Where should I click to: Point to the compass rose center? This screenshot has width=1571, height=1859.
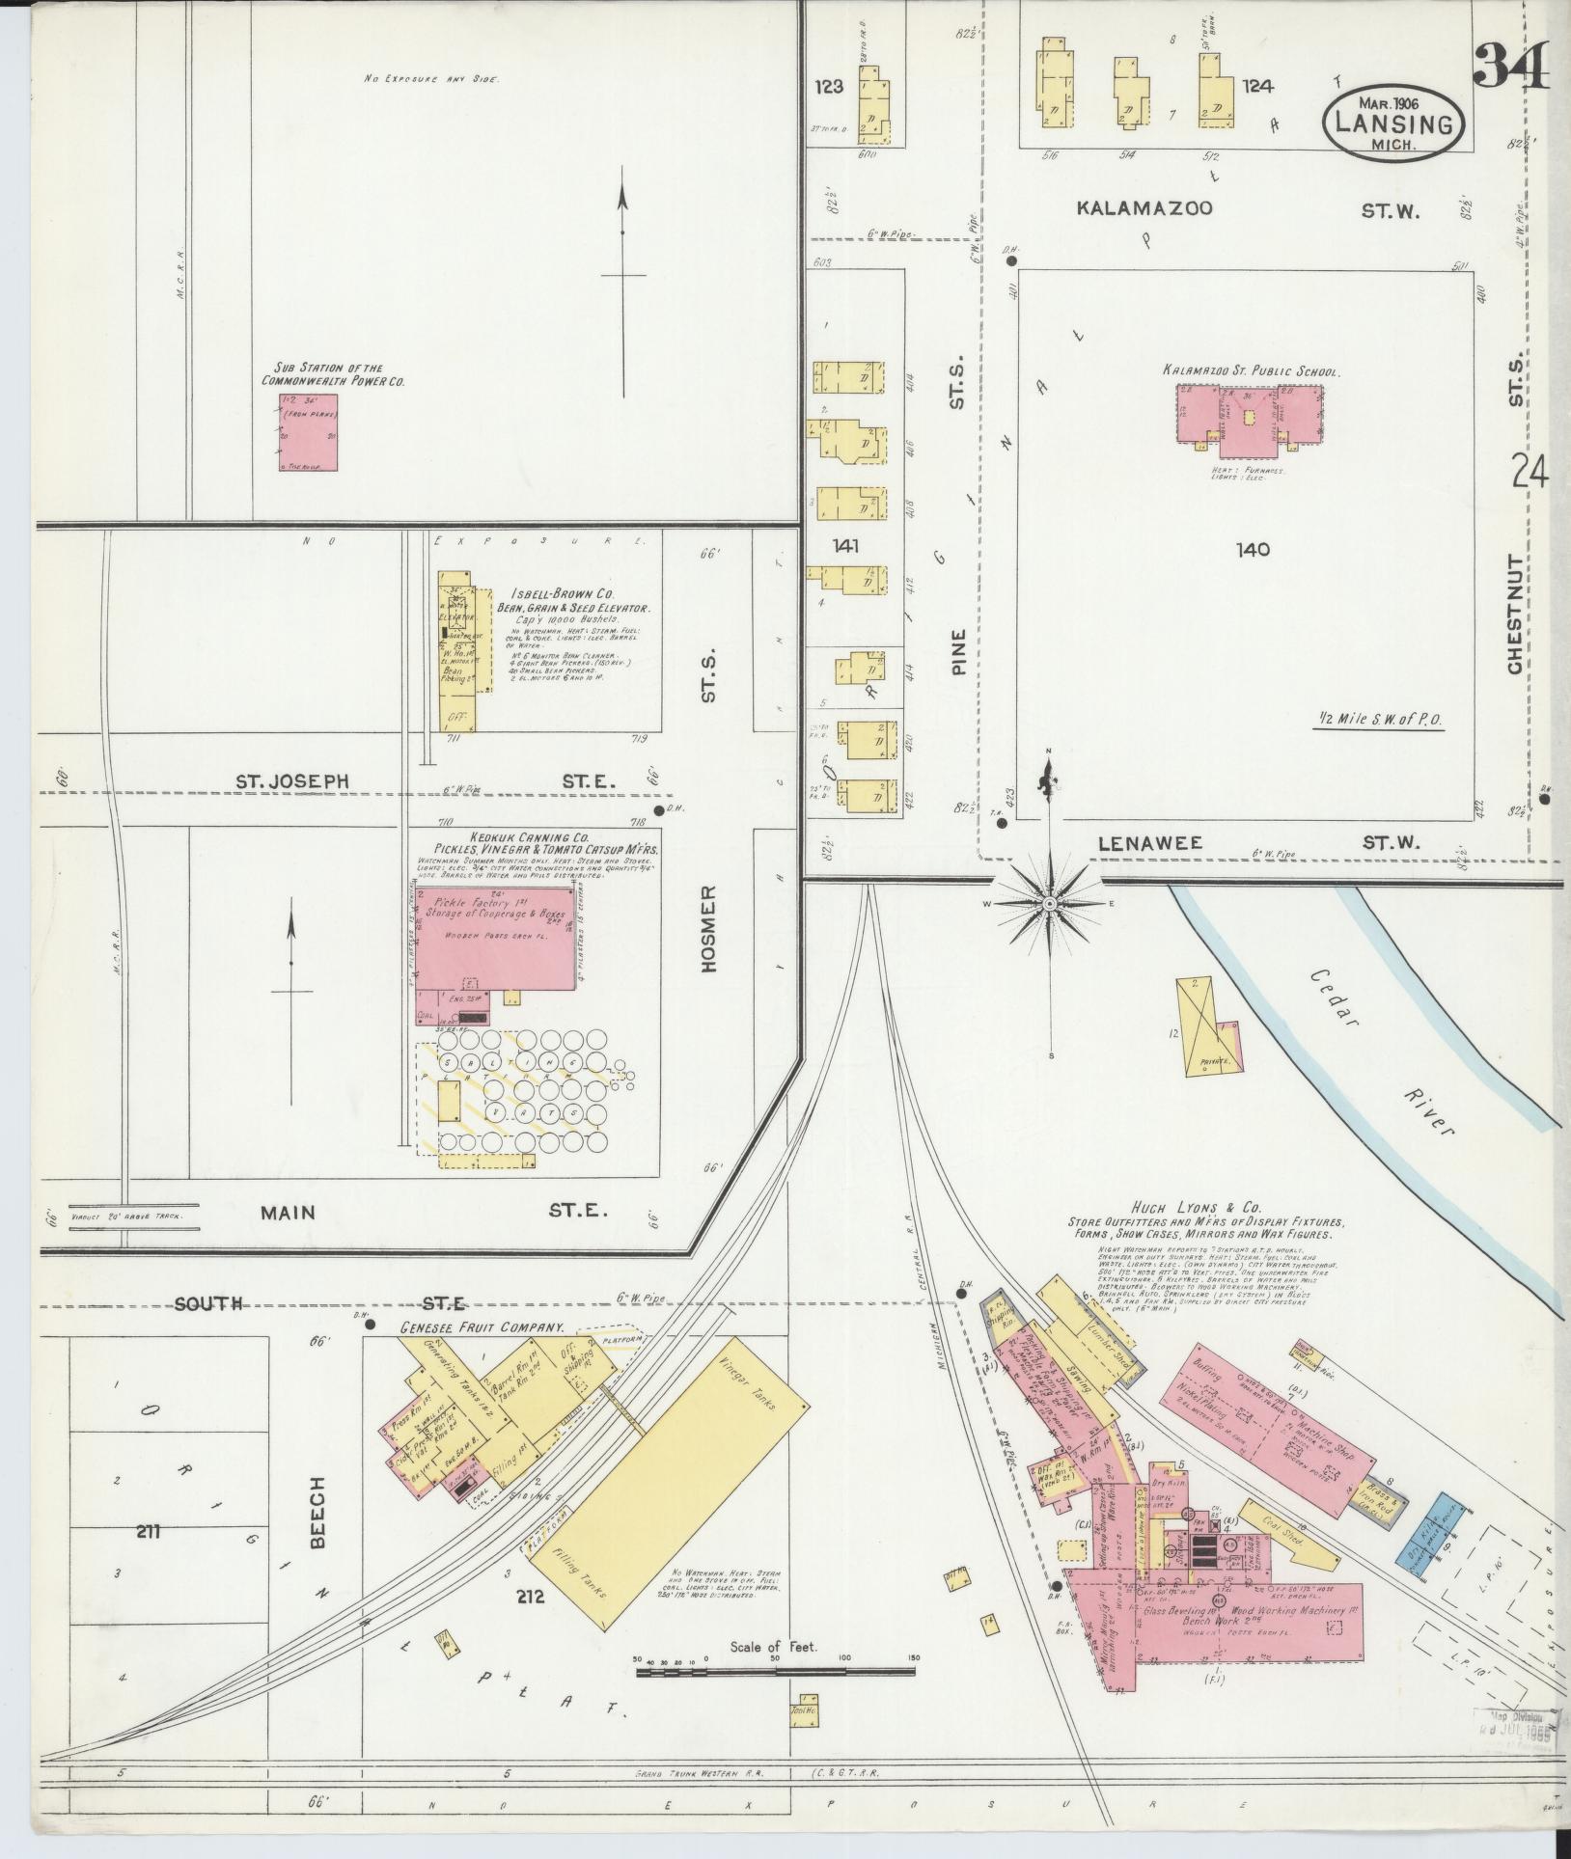coord(1049,904)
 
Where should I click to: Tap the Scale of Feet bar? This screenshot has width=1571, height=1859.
coord(772,1670)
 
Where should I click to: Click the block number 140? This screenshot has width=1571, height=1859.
coord(1252,551)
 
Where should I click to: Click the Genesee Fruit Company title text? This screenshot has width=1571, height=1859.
coord(482,1328)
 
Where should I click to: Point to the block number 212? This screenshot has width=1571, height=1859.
coord(531,1597)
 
